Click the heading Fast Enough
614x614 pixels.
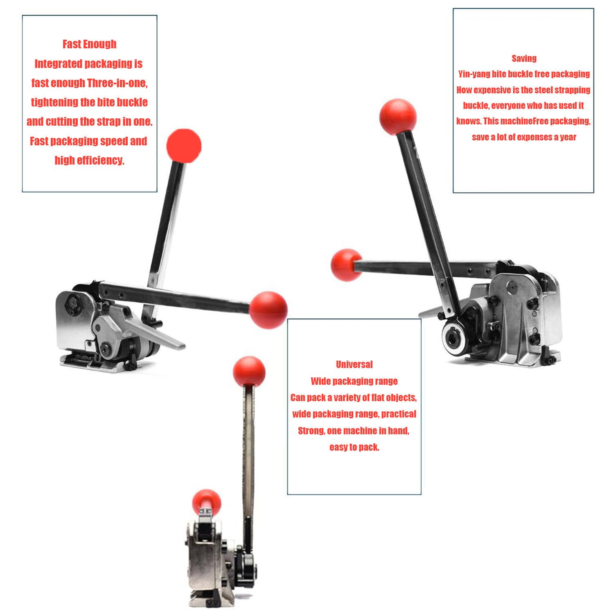coord(89,44)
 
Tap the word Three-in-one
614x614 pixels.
coord(117,83)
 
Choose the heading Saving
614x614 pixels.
coord(524,59)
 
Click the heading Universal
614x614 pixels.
coord(354,364)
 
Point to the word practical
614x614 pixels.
coord(399,414)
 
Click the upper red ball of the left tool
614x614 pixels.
coord(184,146)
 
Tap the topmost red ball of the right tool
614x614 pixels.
coord(398,116)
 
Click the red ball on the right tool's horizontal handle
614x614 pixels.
coord(346,265)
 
